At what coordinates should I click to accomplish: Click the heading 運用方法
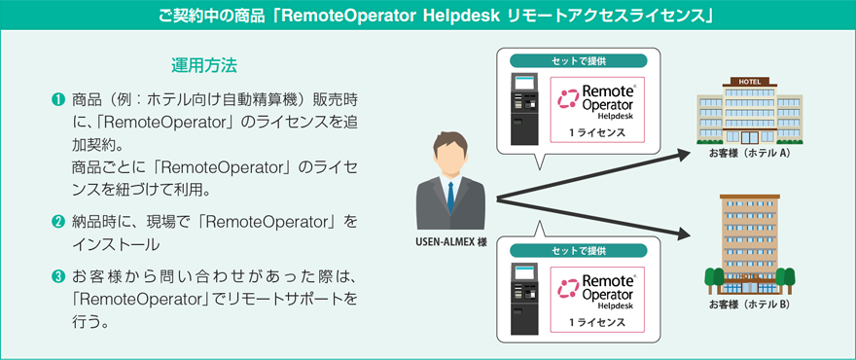[203, 66]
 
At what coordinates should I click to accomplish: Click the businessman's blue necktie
[450, 198]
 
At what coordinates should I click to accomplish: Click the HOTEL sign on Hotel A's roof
[749, 82]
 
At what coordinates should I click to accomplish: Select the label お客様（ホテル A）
[750, 154]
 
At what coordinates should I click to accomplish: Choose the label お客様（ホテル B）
[750, 305]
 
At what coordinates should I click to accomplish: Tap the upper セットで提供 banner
[578, 60]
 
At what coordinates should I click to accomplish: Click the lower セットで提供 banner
[578, 251]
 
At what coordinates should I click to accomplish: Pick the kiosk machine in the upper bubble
[524, 109]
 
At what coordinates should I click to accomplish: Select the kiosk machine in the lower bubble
[524, 299]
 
